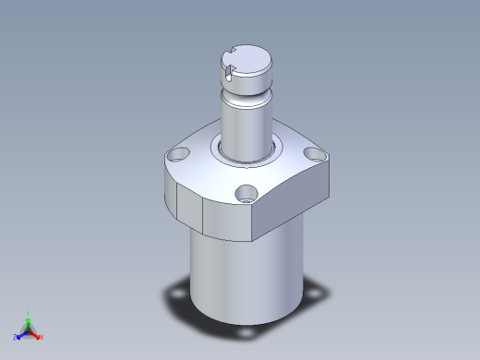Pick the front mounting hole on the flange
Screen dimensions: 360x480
pyautogui.click(x=246, y=195)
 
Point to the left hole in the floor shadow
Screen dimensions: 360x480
pyautogui.click(x=174, y=294)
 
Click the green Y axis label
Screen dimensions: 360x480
pyautogui.click(x=29, y=313)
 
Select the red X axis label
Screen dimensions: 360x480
pyautogui.click(x=42, y=337)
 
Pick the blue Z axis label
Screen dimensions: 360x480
pyautogui.click(x=16, y=338)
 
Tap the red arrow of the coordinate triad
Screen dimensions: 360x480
pyautogui.click(x=35, y=333)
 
